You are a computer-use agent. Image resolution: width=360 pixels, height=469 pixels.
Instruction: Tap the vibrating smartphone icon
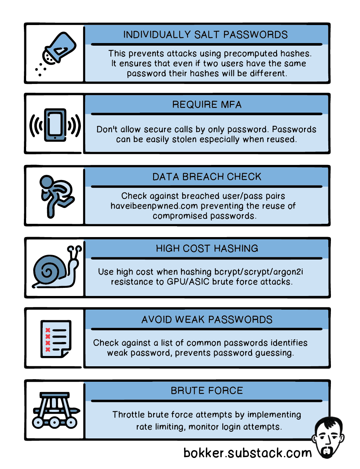click(55, 125)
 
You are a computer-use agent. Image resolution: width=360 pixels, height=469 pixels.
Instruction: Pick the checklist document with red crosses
click(55, 339)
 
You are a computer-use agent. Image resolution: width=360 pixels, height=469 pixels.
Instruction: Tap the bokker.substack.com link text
click(247, 453)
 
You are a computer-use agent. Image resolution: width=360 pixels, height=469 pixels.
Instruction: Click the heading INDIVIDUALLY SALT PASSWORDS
click(205, 35)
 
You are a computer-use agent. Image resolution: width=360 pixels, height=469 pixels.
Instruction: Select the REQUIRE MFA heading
click(207, 105)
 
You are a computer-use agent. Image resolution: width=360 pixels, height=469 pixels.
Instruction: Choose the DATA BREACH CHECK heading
click(207, 177)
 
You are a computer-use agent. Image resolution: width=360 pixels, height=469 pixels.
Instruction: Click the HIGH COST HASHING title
click(207, 248)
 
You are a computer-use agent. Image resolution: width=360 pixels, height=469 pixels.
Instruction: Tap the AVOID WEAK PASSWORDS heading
click(207, 320)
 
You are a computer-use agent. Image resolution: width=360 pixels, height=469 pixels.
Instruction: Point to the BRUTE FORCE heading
click(207, 391)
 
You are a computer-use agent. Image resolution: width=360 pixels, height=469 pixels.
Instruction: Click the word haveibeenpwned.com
click(154, 206)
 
